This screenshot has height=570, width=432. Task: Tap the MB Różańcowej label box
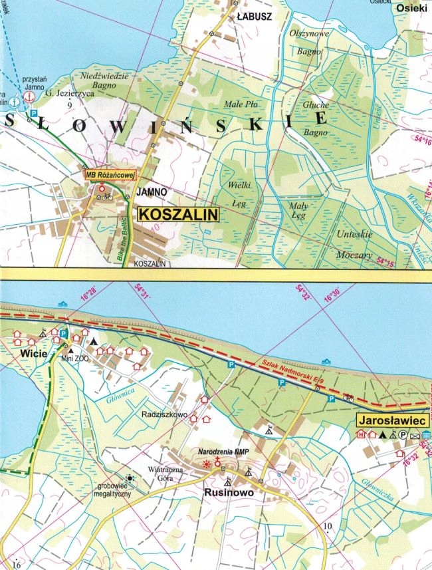110,175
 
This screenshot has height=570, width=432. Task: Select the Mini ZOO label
75,358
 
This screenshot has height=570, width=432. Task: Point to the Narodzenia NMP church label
220,452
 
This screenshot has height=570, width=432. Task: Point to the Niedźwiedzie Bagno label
104,80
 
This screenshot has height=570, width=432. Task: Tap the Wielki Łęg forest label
239,191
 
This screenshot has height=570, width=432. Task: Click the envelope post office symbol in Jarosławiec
414,436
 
